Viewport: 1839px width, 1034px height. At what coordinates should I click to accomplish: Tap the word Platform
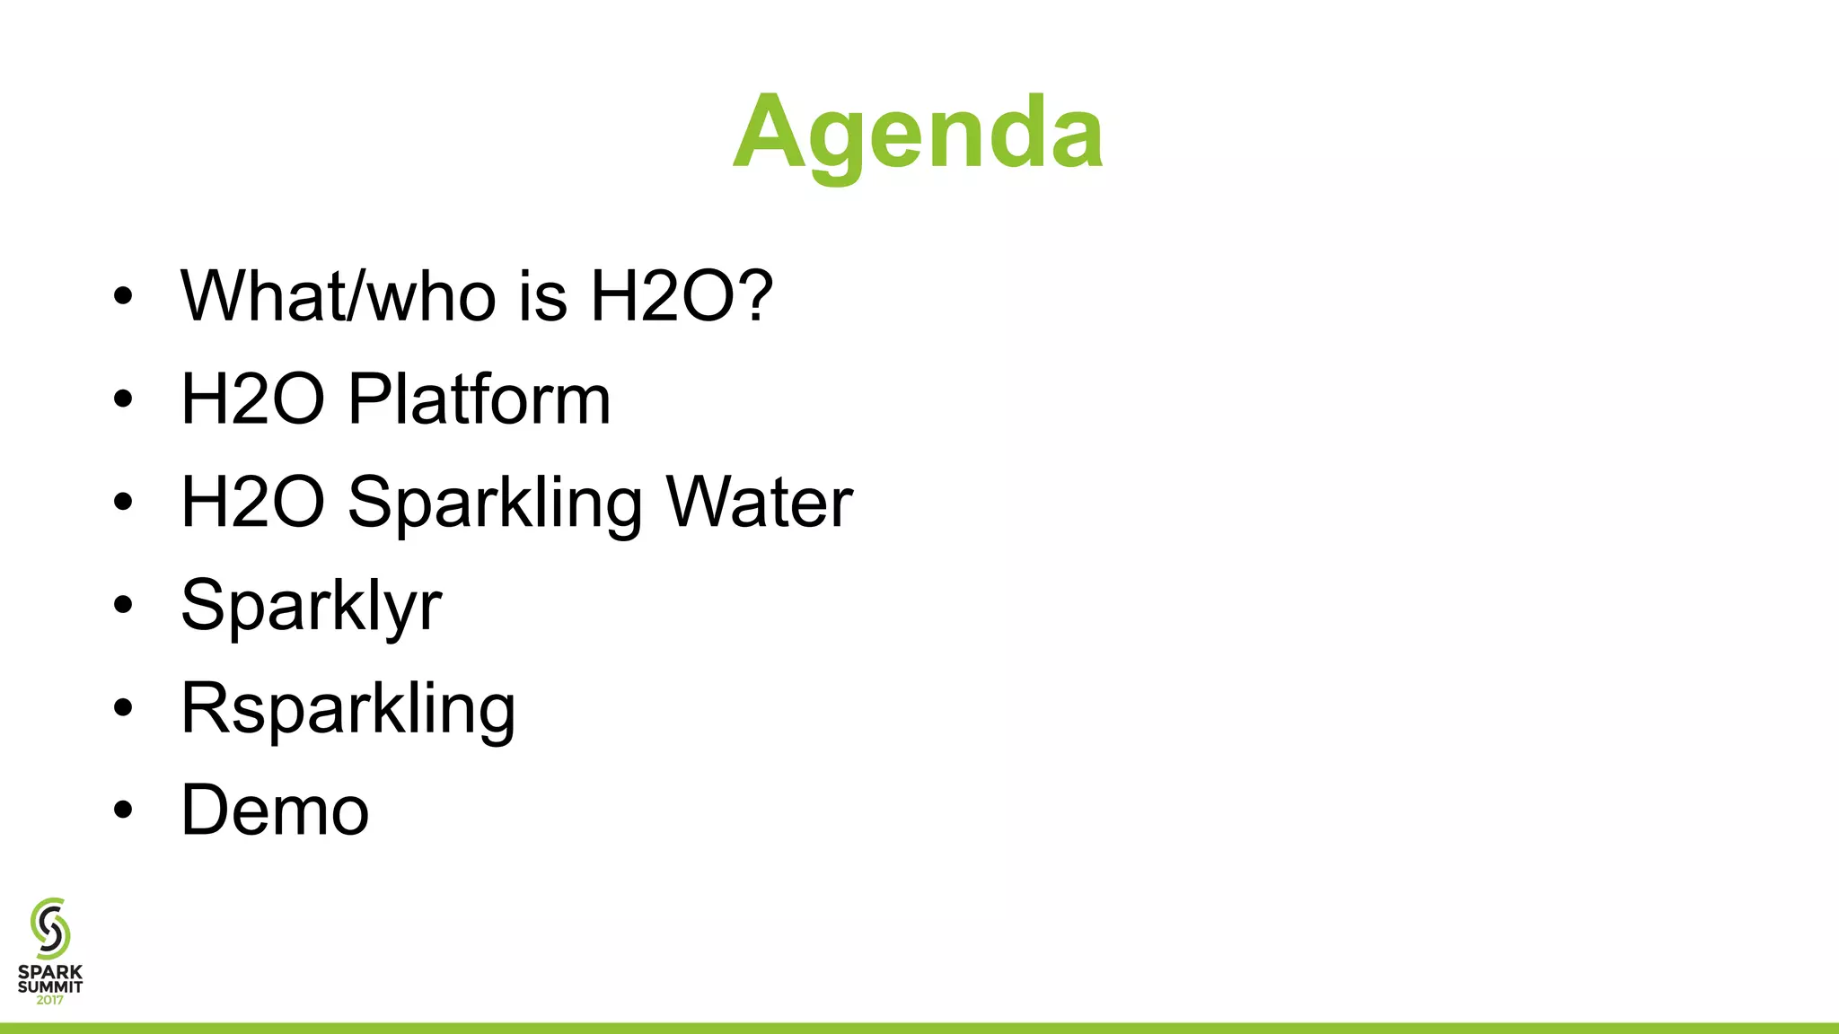[x=479, y=399]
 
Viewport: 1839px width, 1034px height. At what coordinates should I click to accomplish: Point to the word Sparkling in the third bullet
[x=495, y=504]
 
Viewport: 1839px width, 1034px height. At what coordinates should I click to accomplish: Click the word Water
[x=759, y=502]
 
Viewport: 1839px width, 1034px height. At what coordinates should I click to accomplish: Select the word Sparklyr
[x=311, y=607]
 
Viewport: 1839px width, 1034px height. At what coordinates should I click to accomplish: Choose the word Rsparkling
[x=348, y=710]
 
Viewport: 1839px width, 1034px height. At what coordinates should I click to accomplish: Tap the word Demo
[x=275, y=811]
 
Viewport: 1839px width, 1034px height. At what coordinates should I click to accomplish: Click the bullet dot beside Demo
[x=123, y=811]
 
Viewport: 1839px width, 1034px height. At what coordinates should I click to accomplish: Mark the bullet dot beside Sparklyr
[x=123, y=605]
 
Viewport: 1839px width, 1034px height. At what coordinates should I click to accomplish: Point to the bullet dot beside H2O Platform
[x=123, y=399]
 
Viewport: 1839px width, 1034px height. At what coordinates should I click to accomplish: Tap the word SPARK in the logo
[x=50, y=972]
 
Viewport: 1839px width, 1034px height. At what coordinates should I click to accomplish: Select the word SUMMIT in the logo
[x=50, y=986]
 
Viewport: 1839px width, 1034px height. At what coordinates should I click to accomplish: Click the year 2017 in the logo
[x=50, y=1000]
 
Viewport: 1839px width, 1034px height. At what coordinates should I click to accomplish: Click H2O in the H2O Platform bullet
[x=252, y=399]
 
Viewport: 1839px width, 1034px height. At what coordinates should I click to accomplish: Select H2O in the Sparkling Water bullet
[x=252, y=502]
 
